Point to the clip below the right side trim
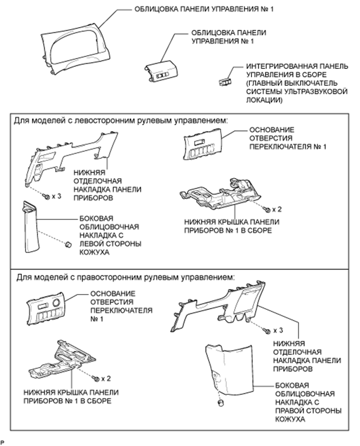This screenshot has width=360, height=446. [221, 403]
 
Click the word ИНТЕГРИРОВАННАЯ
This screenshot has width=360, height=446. [278, 66]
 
